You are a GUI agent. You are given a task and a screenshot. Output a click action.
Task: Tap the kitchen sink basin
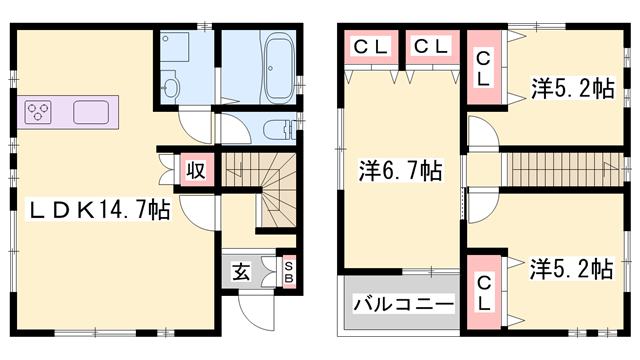93,110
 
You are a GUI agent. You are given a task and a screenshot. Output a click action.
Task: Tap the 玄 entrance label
242,269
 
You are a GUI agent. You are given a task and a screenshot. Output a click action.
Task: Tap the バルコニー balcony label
399,304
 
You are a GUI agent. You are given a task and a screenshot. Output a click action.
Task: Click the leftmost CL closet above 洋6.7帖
369,46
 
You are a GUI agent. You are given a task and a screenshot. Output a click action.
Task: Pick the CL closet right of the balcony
484,291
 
